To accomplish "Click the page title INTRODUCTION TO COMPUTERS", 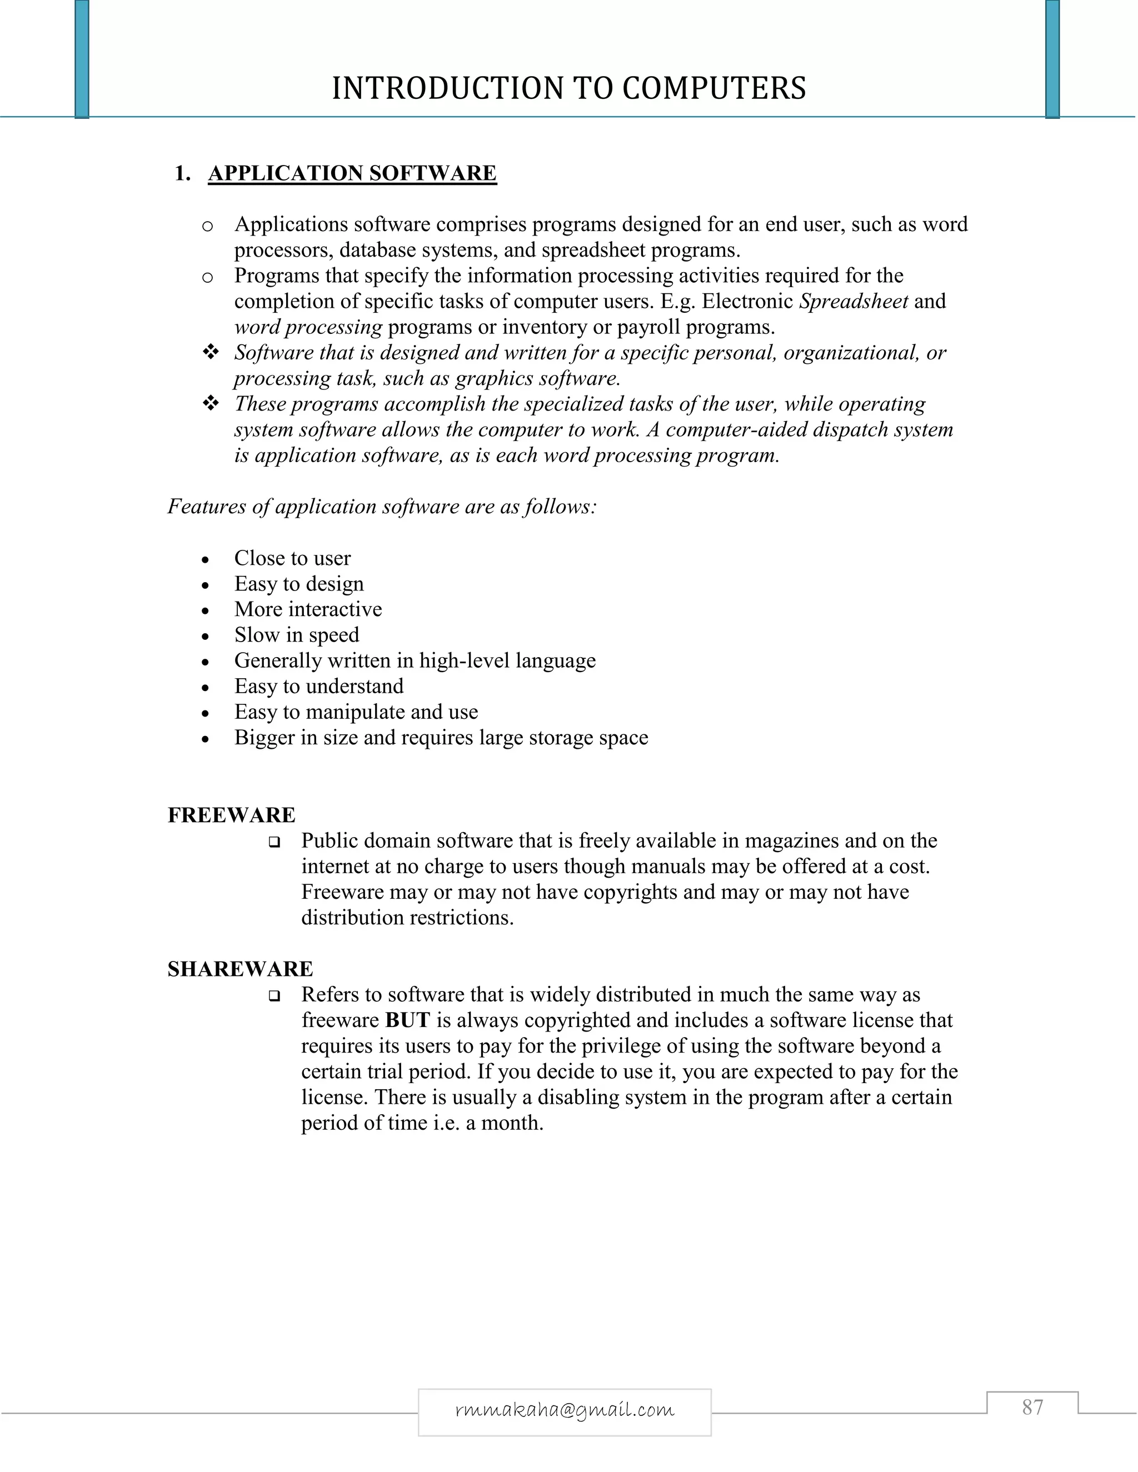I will tap(568, 88).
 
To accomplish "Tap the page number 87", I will tap(1032, 1408).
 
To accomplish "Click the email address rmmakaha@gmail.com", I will tap(565, 1410).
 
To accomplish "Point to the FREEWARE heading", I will tap(231, 815).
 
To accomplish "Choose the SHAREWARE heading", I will tap(240, 969).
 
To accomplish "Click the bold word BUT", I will tap(407, 1020).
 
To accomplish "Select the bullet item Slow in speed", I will tap(297, 635).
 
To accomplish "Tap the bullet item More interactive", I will tap(308, 609).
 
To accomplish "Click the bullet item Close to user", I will tap(293, 558).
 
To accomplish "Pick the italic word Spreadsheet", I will tap(853, 301).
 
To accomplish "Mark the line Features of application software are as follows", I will tap(382, 506).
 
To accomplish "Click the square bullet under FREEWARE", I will tap(274, 842).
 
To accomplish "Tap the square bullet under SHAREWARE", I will tap(274, 995).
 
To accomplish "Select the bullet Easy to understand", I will tap(319, 686).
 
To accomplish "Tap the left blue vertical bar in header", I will tap(82, 59).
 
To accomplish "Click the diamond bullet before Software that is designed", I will tap(211, 352).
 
